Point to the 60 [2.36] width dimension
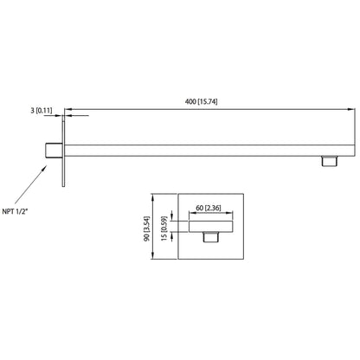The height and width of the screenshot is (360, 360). [208, 208]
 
